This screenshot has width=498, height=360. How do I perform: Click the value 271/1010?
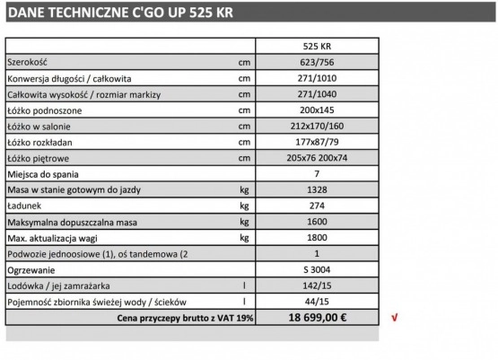(x=318, y=79)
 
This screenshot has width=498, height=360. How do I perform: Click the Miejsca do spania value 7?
(x=318, y=173)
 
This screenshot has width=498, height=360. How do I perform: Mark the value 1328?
(x=318, y=190)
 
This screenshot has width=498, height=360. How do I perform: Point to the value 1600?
(x=318, y=222)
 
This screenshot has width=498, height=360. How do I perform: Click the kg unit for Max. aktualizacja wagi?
(x=244, y=238)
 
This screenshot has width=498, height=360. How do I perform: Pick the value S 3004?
(x=318, y=270)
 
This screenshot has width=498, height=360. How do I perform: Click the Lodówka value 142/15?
(x=318, y=286)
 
